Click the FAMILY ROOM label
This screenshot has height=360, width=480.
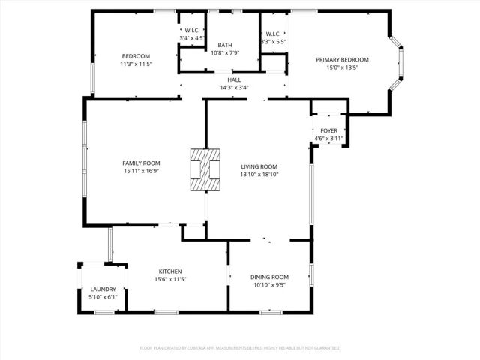(142, 163)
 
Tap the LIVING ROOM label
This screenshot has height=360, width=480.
(259, 166)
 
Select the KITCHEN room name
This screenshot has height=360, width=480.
(169, 271)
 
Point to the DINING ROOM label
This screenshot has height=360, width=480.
(268, 277)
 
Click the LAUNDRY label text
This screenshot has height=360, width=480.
(103, 289)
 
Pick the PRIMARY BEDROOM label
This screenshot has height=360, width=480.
(342, 59)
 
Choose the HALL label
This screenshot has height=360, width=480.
(235, 79)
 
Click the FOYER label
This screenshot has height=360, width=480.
(328, 130)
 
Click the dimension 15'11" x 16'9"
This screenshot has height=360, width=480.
(142, 171)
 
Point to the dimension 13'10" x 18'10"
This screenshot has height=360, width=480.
(259, 175)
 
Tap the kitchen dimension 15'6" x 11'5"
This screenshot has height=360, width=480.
(169, 279)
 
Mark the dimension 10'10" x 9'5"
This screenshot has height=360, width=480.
(268, 284)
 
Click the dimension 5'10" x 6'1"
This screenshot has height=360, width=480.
(103, 296)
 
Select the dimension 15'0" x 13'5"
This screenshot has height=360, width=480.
(342, 67)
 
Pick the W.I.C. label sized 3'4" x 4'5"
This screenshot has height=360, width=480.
(191, 31)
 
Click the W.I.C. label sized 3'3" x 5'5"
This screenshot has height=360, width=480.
(272, 34)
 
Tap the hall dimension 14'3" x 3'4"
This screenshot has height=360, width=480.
(235, 88)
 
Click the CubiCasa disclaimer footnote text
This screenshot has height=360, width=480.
(239, 348)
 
